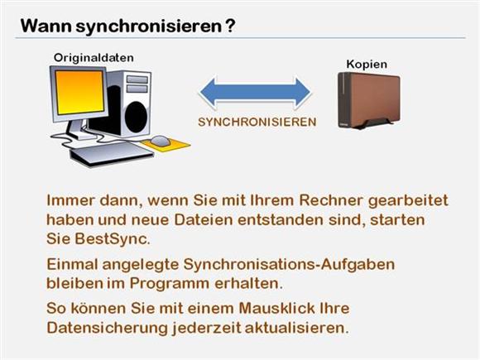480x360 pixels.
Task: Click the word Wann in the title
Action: [x=46, y=26]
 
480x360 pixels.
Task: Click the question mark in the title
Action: [x=230, y=26]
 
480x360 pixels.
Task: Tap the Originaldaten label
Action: [x=94, y=58]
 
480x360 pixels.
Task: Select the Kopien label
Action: [x=367, y=65]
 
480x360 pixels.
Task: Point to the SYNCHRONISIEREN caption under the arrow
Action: [x=257, y=122]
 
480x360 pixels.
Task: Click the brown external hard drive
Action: [x=368, y=101]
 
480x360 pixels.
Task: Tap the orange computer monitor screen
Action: [x=79, y=93]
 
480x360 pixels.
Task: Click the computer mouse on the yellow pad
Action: [x=160, y=141]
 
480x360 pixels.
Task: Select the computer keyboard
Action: [x=112, y=153]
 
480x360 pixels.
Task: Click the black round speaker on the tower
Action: [x=137, y=118]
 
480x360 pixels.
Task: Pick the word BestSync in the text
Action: [x=112, y=239]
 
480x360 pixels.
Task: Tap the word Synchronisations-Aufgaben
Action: [x=289, y=265]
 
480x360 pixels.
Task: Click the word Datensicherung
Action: [x=107, y=328]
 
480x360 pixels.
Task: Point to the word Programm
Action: [x=170, y=284]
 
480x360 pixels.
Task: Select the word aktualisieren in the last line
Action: [x=296, y=328]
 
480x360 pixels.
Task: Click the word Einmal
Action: [x=72, y=264]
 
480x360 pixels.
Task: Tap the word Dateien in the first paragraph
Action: [x=204, y=220]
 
